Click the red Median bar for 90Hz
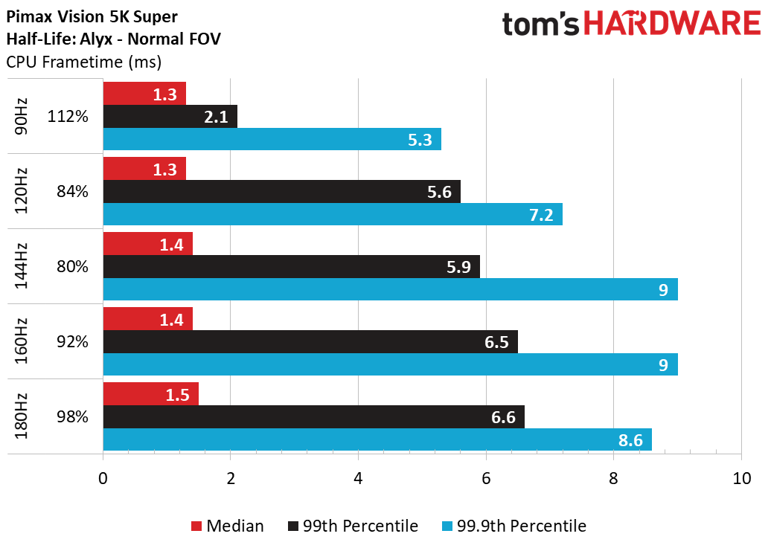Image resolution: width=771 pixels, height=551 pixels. (x=144, y=93)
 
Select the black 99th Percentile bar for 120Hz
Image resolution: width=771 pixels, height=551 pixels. (x=282, y=192)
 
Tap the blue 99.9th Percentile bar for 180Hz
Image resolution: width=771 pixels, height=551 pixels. (x=377, y=439)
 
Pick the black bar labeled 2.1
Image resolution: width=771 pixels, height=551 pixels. (x=170, y=117)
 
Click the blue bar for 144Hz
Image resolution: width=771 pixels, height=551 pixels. (x=391, y=289)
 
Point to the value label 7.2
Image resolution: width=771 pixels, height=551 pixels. (x=541, y=215)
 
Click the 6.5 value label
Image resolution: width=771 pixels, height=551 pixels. (x=496, y=342)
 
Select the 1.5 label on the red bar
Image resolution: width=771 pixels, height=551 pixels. (x=178, y=395)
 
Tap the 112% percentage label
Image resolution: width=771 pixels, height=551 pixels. (x=68, y=117)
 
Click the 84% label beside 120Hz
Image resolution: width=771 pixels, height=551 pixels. (x=72, y=192)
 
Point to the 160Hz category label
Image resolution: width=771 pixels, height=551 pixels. (x=21, y=341)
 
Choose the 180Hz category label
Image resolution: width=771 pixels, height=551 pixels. (x=21, y=416)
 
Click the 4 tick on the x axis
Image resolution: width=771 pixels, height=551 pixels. (x=358, y=478)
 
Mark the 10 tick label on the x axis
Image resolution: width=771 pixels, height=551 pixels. (x=741, y=478)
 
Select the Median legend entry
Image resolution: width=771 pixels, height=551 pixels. (x=228, y=526)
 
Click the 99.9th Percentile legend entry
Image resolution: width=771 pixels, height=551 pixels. (x=514, y=526)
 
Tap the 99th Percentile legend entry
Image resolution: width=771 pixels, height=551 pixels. (x=353, y=526)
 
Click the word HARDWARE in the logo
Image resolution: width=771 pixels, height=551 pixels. (x=672, y=24)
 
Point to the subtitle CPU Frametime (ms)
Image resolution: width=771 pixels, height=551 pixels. (x=84, y=62)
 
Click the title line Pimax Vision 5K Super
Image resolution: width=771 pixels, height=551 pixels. (x=92, y=16)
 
